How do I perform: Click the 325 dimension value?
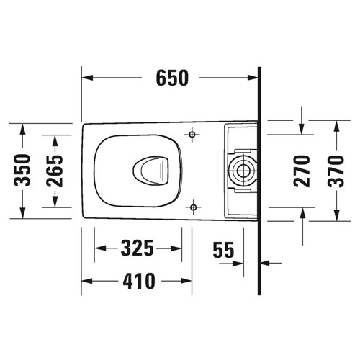click(137, 249)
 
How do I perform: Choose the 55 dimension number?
click(224, 249)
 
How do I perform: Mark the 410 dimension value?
click(137, 281)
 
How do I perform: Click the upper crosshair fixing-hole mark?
click(193, 134)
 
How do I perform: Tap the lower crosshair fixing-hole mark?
click(193, 208)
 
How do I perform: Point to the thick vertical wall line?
click(258, 180)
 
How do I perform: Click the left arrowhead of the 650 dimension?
click(86, 76)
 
